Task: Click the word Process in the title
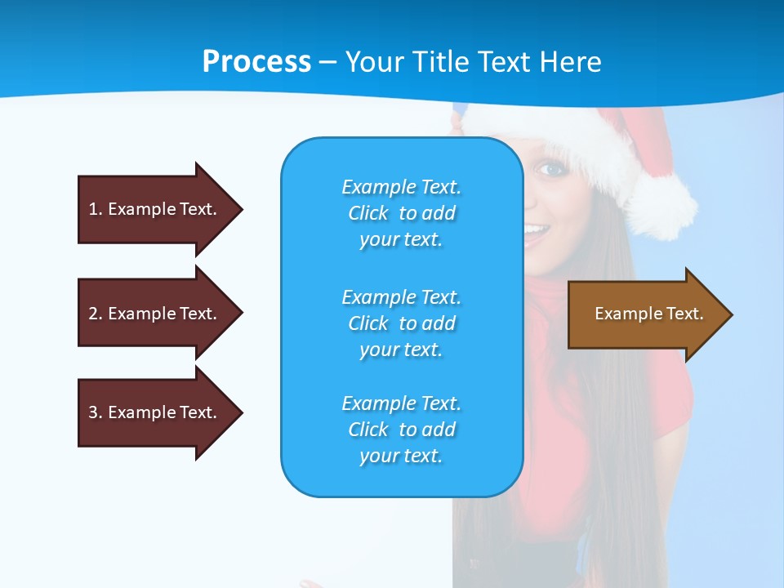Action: pos(256,62)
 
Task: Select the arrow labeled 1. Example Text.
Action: pos(153,209)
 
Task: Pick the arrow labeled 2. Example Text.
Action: pos(153,314)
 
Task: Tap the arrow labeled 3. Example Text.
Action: pos(153,412)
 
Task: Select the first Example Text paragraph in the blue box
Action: pos(401,213)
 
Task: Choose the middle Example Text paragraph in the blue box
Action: pos(401,323)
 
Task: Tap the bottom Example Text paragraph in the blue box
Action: pos(401,430)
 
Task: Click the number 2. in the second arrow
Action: pos(94,314)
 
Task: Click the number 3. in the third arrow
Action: pos(94,412)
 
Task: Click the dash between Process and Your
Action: pos(327,62)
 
